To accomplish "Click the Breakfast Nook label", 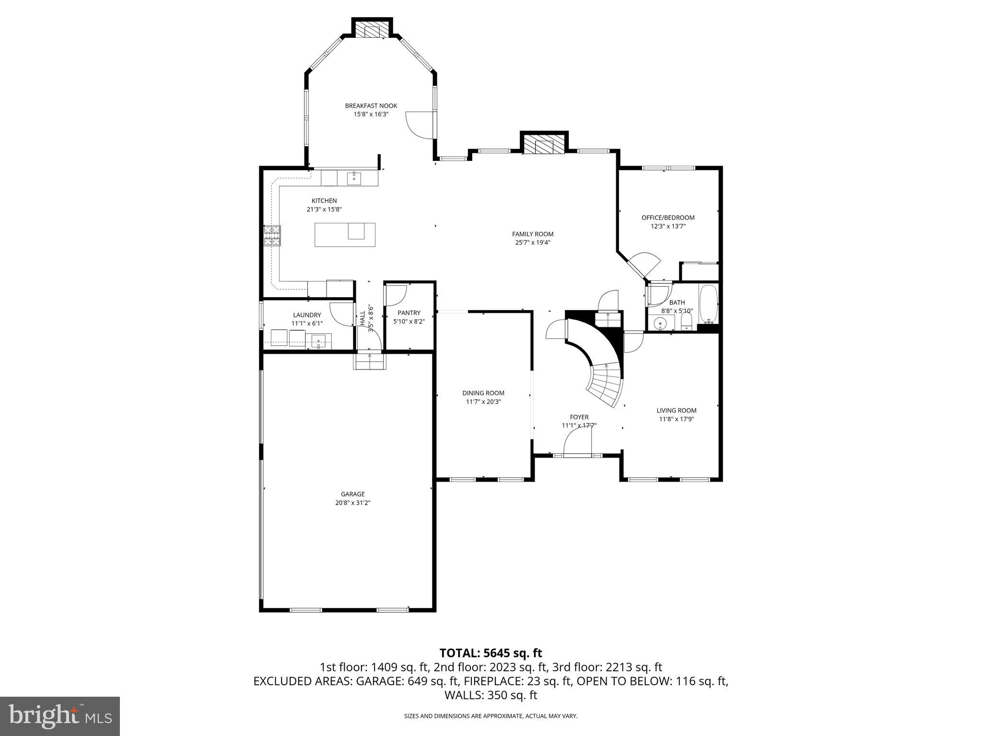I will [x=371, y=106].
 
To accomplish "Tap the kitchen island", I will [x=345, y=235].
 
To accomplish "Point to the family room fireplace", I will [x=544, y=144].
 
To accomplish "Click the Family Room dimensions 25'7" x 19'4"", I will [x=532, y=242].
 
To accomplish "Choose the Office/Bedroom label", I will [x=668, y=218].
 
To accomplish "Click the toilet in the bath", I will [x=687, y=320].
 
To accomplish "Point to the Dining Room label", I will [x=483, y=393].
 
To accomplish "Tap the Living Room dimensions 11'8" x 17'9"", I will [x=676, y=419].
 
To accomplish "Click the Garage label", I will [x=353, y=494].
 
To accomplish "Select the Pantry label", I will [x=409, y=313].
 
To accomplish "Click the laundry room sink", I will [x=318, y=342].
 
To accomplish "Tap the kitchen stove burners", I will [x=272, y=236].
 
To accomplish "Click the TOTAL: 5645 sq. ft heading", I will [x=491, y=653].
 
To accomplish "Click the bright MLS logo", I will [x=60, y=716].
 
